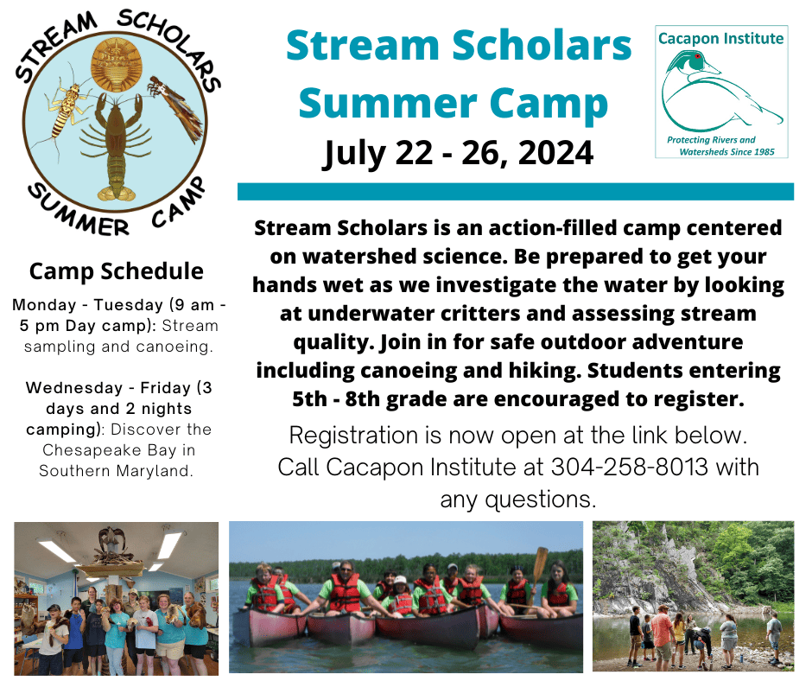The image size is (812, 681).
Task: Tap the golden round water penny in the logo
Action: (x=117, y=66)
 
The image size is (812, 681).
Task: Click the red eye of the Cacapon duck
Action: (x=698, y=56)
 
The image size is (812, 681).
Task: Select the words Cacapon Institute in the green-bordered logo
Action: (x=720, y=38)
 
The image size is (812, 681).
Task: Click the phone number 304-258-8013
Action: (x=629, y=467)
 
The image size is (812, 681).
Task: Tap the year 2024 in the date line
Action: (x=555, y=153)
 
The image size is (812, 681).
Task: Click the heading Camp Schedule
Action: (x=116, y=271)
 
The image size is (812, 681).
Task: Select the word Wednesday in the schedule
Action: (x=74, y=388)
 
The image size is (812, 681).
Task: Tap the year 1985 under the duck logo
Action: (x=764, y=152)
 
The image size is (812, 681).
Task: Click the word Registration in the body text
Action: (x=353, y=436)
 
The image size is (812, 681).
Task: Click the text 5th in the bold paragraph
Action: (x=309, y=399)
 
